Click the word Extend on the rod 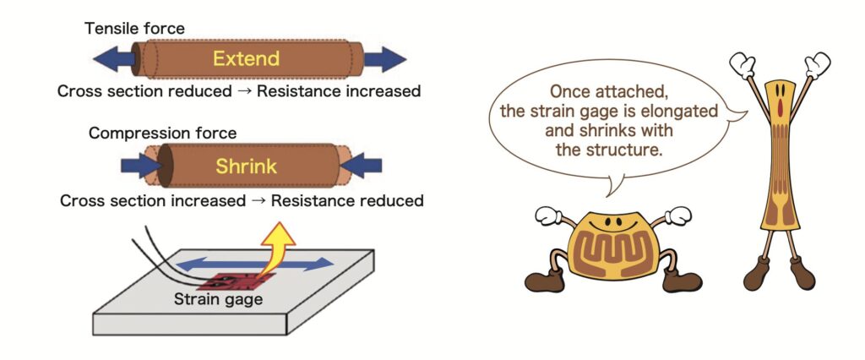(x=246, y=60)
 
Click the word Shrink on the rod (x=245, y=166)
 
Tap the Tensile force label (x=134, y=29)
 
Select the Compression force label (x=162, y=134)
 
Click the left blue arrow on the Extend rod (x=113, y=60)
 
